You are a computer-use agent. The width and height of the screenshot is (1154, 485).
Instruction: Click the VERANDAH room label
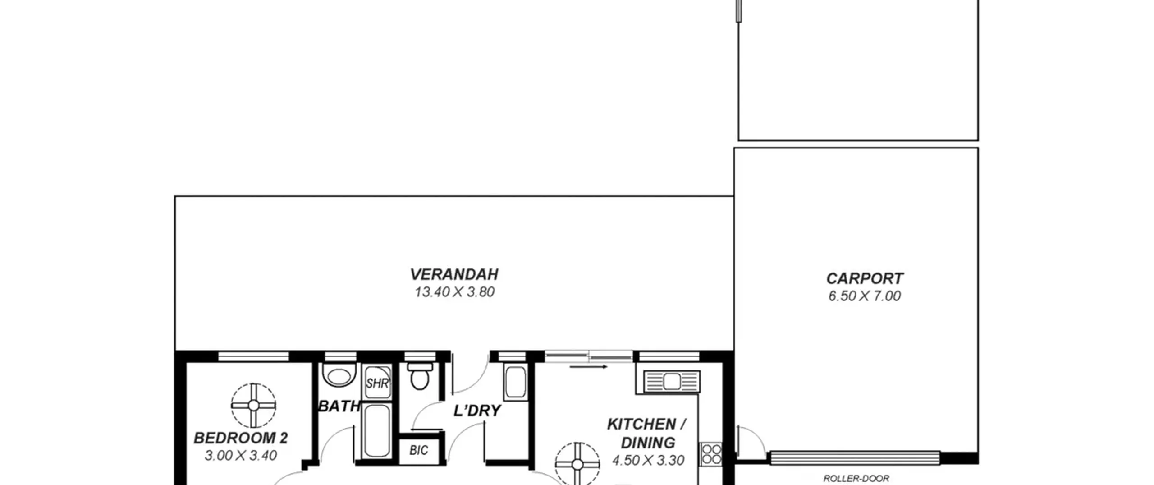454,274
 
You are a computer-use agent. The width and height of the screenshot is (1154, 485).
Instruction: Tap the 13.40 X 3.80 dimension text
454,292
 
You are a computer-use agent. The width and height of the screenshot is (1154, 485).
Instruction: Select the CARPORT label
865,278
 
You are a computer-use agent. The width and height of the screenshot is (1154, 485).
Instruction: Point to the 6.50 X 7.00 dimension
865,296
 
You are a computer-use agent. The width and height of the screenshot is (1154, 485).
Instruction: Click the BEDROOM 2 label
241,438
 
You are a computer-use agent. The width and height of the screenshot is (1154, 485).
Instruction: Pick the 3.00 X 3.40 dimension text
241,455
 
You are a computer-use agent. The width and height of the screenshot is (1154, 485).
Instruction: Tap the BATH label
339,406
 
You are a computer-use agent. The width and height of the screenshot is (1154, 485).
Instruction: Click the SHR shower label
377,383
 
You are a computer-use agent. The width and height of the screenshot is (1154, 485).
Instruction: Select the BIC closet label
419,450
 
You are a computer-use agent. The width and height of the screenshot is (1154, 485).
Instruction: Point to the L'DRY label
477,411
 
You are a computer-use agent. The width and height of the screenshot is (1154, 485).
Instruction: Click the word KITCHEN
641,424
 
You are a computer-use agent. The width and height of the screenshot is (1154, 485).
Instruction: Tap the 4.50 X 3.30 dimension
648,460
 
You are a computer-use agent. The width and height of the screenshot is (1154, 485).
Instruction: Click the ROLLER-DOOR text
856,478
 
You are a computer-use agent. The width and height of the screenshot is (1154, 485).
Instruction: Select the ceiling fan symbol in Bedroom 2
253,406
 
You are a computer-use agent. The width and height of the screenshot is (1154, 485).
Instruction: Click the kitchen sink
672,382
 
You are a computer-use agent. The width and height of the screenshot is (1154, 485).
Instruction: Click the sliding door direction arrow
589,367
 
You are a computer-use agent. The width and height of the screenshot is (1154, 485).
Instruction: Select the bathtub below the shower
377,430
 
